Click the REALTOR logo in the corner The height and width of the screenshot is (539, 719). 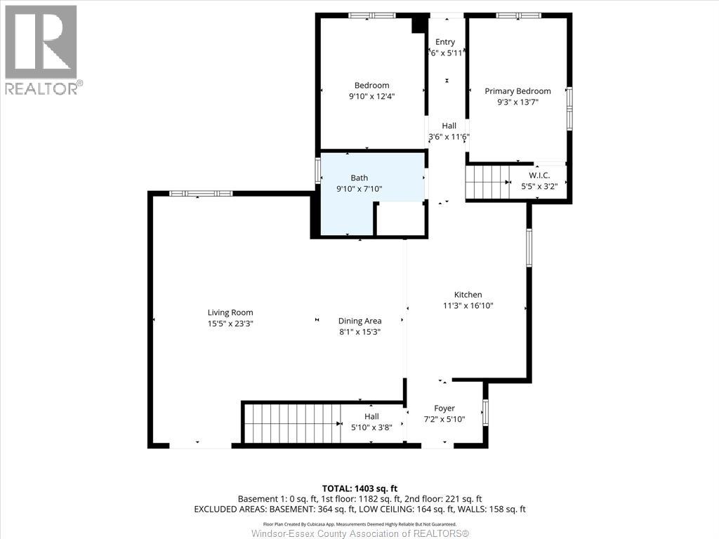[x=41, y=49]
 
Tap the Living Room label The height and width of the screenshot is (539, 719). [x=230, y=313]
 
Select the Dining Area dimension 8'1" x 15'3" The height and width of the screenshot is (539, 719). [x=359, y=332]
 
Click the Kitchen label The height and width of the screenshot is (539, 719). [x=468, y=295]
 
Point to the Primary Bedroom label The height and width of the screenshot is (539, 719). [x=517, y=91]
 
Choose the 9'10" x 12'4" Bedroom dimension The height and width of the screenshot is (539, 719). [x=372, y=98]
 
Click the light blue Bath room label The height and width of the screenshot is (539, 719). [x=359, y=178]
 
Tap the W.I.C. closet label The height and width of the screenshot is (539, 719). [x=539, y=175]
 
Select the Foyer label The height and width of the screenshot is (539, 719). [x=444, y=408]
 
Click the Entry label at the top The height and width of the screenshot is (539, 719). [x=445, y=42]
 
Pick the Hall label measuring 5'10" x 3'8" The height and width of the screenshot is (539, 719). [x=371, y=417]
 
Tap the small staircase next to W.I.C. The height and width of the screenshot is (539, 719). [x=486, y=182]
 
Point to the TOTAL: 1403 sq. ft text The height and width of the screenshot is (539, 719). [x=359, y=488]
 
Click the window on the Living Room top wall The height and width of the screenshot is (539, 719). [x=201, y=193]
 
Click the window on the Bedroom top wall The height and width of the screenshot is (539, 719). [x=372, y=15]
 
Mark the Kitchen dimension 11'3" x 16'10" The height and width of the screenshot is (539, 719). [x=468, y=306]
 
